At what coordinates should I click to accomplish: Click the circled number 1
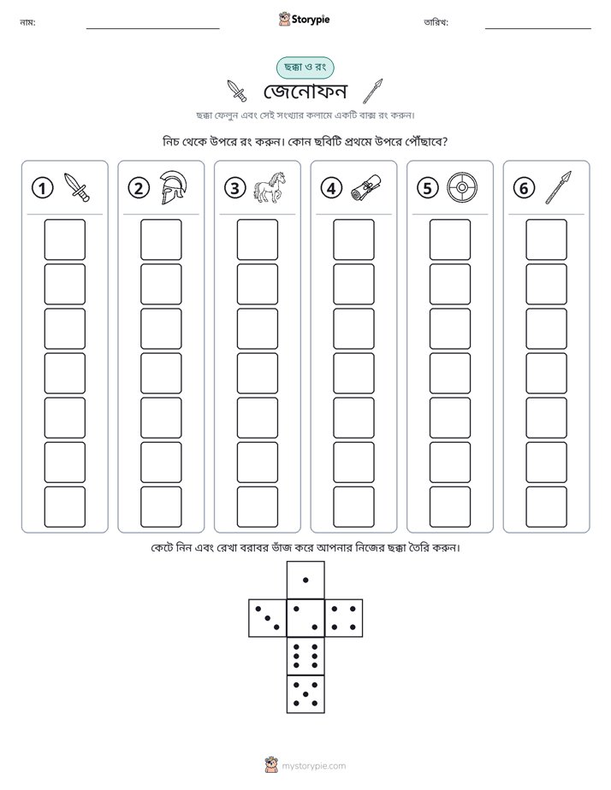pos(42,188)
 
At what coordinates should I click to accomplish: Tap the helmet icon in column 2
pos(173,187)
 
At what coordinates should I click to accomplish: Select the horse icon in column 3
pos(270,187)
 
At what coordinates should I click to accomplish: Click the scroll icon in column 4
pos(366,187)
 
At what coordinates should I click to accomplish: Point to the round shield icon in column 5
pos(462,188)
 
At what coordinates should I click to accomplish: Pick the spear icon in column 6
pos(559,187)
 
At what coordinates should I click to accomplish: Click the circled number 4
pos(331,188)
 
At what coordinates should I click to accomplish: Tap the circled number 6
pos(524,188)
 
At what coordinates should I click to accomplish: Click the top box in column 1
pos(64,239)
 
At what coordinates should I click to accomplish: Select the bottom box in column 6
pos(547,507)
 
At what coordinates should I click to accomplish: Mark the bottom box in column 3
pos(257,507)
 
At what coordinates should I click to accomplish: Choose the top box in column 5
pos(450,239)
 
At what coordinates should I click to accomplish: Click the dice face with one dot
pos(305,580)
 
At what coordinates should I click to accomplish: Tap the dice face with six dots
pos(305,656)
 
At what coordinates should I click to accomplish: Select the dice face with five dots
pos(305,693)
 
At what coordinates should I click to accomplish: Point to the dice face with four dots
pos(344,618)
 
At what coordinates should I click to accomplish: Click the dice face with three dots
pos(268,618)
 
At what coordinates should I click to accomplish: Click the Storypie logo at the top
pos(304,19)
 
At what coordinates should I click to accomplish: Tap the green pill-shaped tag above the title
pos(305,68)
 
